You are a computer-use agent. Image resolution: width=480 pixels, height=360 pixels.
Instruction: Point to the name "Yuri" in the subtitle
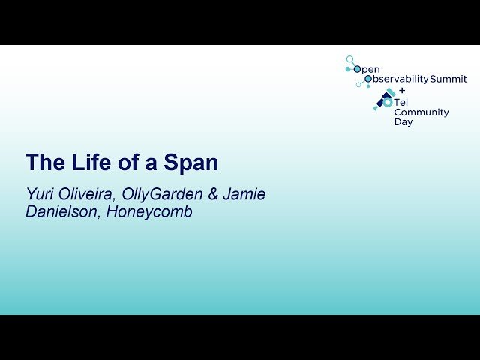coord(40,195)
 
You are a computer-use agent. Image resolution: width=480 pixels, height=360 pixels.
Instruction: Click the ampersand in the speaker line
coord(213,195)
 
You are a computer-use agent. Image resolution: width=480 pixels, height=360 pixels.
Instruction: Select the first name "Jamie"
coord(244,195)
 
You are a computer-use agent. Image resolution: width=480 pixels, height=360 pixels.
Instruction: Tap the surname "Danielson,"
coord(63,212)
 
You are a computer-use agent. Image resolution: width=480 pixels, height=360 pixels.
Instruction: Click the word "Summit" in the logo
coord(448,79)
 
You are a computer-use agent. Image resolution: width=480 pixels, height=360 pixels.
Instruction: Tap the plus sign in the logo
coord(401,89)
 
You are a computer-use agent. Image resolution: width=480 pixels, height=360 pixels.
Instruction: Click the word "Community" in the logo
coord(421,112)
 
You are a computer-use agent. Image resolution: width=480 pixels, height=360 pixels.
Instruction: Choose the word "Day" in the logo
coord(403,122)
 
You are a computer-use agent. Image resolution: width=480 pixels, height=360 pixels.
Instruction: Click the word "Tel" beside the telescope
coord(402,102)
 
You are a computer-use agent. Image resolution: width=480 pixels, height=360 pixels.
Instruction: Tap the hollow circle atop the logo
coord(349,58)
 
